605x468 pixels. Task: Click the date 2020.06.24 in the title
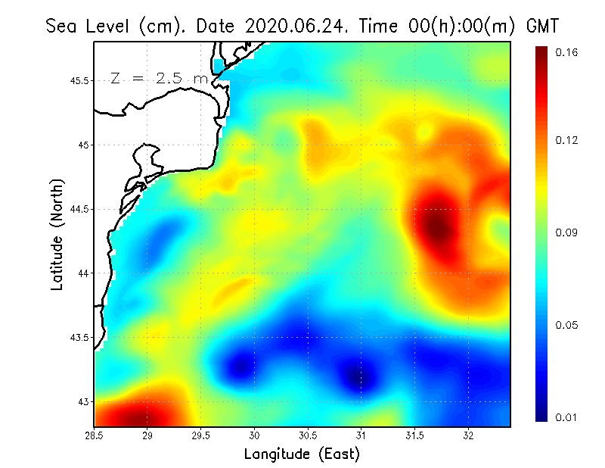pos(294,26)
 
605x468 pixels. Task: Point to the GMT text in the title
pos(542,26)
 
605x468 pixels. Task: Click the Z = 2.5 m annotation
pos(159,79)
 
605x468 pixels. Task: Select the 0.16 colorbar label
pos(566,52)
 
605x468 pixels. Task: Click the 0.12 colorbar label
pos(566,140)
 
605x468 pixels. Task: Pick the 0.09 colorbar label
pos(566,232)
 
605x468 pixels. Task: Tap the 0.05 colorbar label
pos(566,325)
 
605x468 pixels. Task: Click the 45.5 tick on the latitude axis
pos(79,81)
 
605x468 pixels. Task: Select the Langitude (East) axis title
pos(302,454)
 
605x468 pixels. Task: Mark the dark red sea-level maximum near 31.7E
pos(439,227)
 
